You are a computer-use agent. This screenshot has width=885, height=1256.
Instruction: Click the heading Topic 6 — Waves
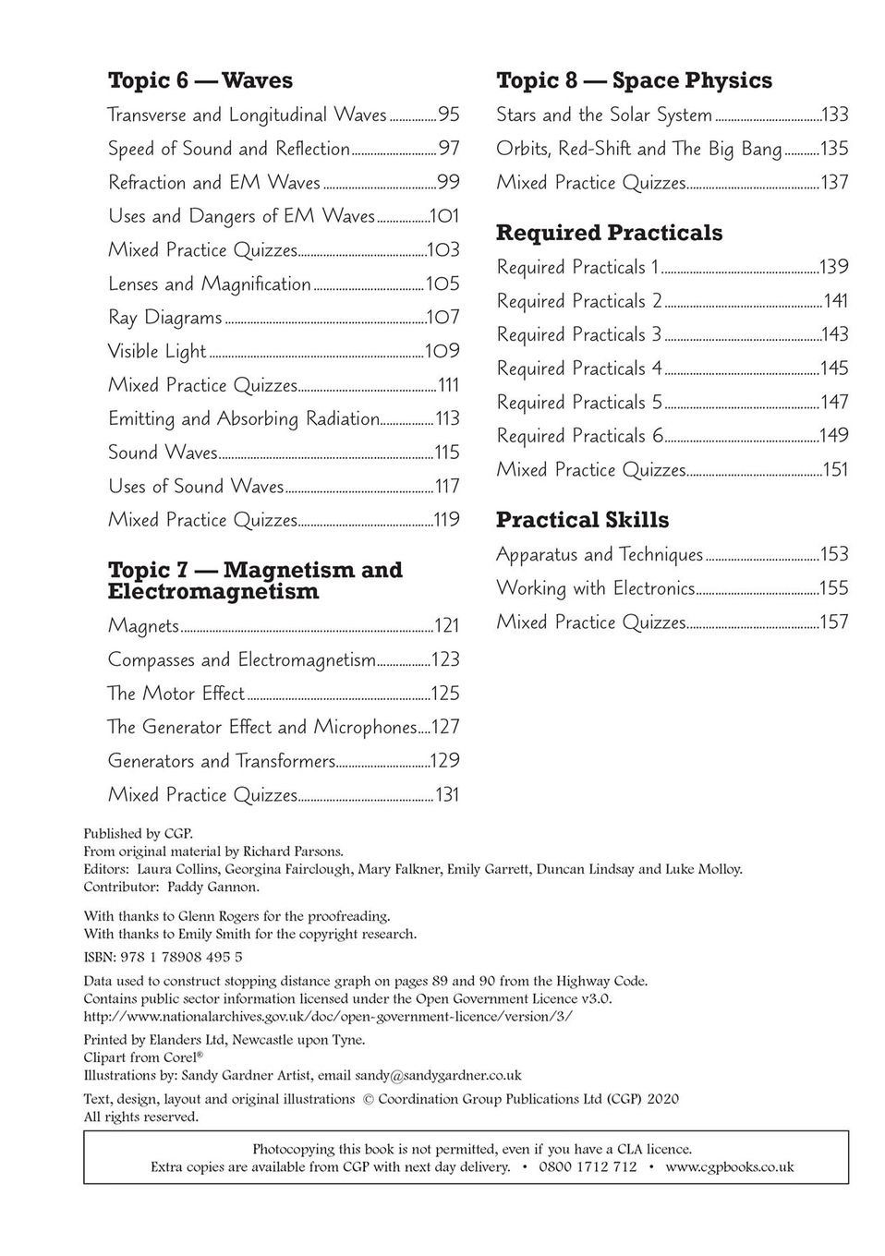coord(200,81)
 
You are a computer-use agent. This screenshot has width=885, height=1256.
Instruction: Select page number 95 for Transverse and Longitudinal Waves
coord(449,115)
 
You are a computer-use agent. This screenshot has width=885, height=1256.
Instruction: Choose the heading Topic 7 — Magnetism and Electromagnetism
coord(255,581)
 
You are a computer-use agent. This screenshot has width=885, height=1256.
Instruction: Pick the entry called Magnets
coord(143,626)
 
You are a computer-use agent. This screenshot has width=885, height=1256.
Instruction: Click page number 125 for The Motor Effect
coord(445,694)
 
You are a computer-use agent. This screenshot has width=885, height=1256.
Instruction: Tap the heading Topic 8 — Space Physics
coord(634,81)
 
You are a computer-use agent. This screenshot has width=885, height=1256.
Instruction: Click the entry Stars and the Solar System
coord(604,115)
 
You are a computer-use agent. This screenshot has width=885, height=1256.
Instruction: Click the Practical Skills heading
coord(582,521)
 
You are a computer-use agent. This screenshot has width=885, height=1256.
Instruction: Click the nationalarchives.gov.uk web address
coord(328,1016)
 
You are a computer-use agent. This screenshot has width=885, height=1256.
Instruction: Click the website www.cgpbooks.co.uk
coord(729,1166)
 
